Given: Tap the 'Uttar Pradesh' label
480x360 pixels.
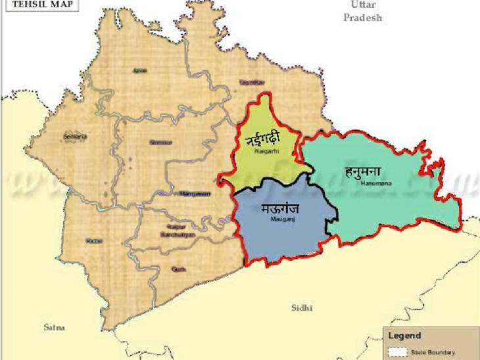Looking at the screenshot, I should (x=362, y=11).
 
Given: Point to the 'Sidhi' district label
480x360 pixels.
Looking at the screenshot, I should (x=303, y=307).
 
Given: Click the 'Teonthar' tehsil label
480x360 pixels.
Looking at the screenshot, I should (x=252, y=83).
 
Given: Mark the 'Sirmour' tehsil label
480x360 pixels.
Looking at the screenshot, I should (x=160, y=142).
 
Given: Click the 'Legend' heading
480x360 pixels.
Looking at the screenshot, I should (x=405, y=336).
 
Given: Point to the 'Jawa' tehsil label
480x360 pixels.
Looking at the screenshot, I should (x=139, y=70).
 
